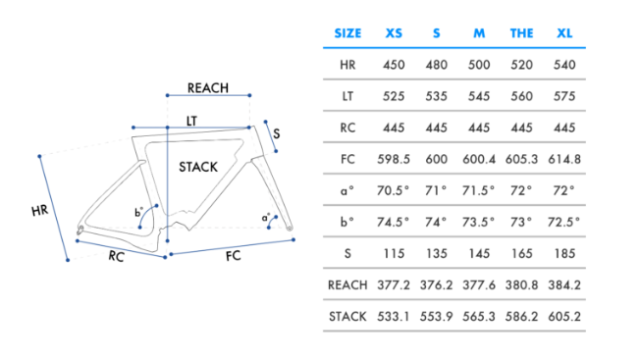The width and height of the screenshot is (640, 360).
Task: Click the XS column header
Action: pos(394,33)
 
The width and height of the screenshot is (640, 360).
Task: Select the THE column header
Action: pos(521,33)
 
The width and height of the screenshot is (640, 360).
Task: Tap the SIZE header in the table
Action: pos(347,33)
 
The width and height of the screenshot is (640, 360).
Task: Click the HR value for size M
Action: pos(479,65)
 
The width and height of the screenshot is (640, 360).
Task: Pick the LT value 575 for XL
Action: pos(564,96)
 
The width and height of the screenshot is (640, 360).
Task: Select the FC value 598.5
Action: pos(394,159)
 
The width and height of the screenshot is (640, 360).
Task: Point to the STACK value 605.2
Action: pos(564,317)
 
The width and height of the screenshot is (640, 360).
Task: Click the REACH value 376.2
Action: pos(437,285)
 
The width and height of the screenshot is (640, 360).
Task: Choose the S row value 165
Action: pos(521,254)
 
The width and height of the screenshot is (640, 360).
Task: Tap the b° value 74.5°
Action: pos(393,223)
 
